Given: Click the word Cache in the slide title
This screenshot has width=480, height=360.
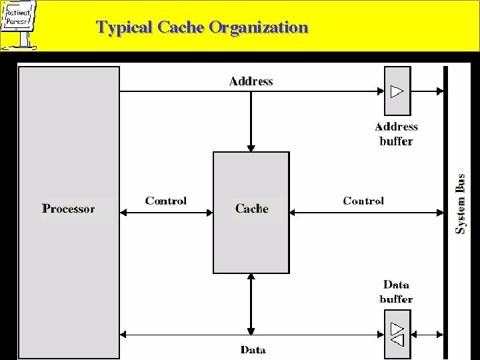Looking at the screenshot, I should pos(181,28).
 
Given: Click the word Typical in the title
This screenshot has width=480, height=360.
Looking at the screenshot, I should pos(125,28).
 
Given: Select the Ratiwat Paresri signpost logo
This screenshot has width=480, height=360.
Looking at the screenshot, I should pos(19,24).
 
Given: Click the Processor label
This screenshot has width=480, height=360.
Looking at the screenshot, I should pos(69,209).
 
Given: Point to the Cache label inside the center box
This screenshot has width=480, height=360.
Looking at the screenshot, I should pos(251,209).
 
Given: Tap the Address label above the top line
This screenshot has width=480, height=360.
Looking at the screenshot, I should pos(251,81).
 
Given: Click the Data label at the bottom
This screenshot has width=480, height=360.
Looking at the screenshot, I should pos(253,349).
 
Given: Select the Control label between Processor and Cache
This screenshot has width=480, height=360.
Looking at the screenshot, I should pos(166,201).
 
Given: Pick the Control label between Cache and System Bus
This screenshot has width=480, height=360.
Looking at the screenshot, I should pos(363,201).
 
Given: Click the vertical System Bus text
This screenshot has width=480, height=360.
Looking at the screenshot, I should pos(461,204).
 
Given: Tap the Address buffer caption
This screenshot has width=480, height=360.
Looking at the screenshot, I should pos(396,134).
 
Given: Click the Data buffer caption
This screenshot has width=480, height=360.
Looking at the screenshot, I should pos(396,292).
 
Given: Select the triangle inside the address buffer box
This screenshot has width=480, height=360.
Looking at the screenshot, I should pos(397,91).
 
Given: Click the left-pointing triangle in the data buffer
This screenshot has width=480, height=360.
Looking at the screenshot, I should pos(397,341).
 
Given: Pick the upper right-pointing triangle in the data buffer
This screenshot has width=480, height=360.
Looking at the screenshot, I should pos(397,328).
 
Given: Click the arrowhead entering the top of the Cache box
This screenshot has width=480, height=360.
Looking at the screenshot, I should pos(251,148).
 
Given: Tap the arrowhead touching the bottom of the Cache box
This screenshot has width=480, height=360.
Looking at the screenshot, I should pos(251,277).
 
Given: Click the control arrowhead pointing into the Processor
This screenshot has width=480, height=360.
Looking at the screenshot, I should pos(125,213).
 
